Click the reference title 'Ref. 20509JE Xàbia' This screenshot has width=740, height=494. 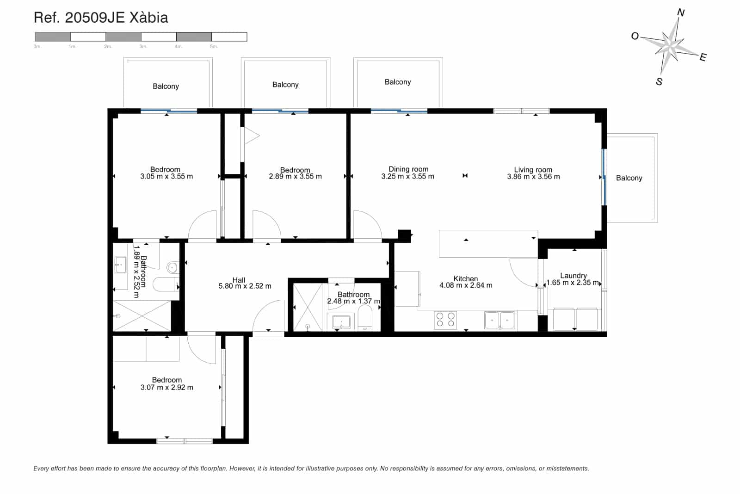(x=101, y=18)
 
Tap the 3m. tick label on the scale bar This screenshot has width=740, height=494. (x=143, y=46)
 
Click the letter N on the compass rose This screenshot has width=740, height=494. (x=681, y=12)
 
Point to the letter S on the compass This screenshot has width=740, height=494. (x=659, y=82)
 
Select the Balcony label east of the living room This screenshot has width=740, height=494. (x=629, y=178)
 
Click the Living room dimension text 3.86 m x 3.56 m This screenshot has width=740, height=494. (x=533, y=177)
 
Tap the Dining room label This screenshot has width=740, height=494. (x=408, y=169)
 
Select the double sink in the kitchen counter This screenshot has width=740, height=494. (x=500, y=320)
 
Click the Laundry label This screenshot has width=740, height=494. (x=573, y=276)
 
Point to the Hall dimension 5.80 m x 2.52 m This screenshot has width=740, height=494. (x=245, y=286)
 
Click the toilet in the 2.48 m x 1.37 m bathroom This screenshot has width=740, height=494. (x=365, y=321)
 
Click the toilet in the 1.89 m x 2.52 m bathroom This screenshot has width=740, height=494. (x=164, y=284)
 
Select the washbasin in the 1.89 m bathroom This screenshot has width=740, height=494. (x=121, y=266)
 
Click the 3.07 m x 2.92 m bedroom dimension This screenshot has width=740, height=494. (x=167, y=388)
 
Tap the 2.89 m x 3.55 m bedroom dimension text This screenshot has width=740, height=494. (x=295, y=177)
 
